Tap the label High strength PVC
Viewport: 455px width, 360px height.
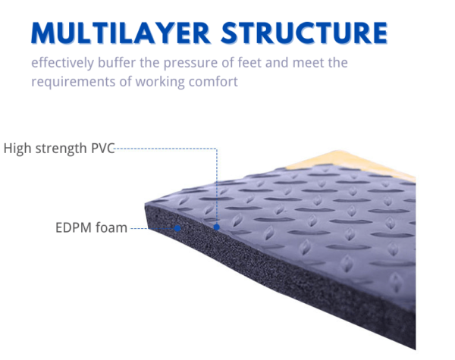pyautogui.click(x=58, y=148)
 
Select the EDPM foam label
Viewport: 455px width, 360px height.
pyautogui.click(x=91, y=227)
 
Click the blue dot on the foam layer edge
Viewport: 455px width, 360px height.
pyautogui.click(x=177, y=227)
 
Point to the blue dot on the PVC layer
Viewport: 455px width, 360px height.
pyautogui.click(x=217, y=227)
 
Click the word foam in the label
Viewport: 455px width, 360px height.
pyautogui.click(x=111, y=227)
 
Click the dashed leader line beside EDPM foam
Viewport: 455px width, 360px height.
pyautogui.click(x=139, y=227)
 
